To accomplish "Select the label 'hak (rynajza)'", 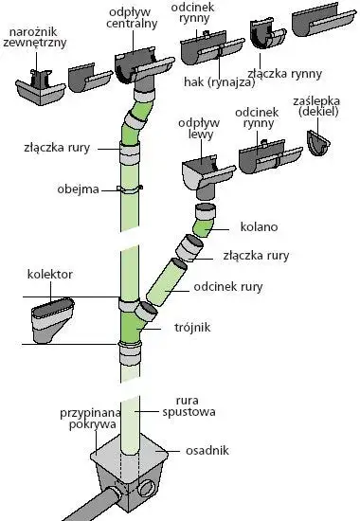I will (215, 81).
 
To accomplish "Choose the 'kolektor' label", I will (50, 275).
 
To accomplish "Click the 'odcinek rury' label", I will (249, 286).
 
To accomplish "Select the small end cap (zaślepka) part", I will (321, 141).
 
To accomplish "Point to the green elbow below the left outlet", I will (204, 224).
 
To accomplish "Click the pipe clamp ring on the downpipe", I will (130, 189).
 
